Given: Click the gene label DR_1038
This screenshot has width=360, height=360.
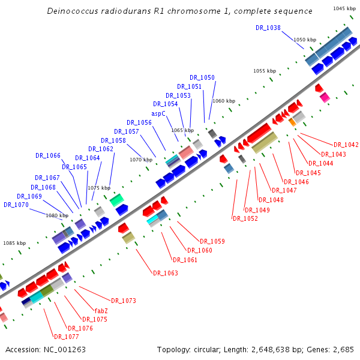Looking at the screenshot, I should (x=268, y=28).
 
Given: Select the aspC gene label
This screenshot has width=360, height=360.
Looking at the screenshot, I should (x=158, y=113).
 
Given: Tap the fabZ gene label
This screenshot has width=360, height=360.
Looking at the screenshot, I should (x=101, y=310).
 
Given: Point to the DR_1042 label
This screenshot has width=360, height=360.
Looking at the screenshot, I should (x=347, y=145).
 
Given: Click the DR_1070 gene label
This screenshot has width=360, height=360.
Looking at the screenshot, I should (x=16, y=205).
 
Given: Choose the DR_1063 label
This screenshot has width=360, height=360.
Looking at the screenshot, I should (x=165, y=273).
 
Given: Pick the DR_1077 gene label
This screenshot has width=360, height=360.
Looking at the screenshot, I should (x=66, y=337).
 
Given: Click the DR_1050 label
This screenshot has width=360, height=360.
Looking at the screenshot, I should (x=202, y=77).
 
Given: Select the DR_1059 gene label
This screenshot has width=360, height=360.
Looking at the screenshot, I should (x=212, y=241).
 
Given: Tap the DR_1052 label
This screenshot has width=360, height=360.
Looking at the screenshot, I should (x=245, y=218).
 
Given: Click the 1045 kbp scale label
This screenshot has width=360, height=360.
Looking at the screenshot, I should (x=344, y=8).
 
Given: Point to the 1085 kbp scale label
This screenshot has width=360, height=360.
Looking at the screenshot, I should (x=14, y=243).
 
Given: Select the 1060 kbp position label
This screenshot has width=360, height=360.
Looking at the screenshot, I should (x=224, y=101).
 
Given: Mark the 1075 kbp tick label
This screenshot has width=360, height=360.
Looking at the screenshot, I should (x=99, y=188).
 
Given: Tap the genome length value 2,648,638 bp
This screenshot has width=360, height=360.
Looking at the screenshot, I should (x=287, y=349).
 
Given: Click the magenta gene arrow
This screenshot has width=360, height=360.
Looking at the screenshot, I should (x=325, y=97).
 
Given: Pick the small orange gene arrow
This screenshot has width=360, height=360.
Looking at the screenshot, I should (x=292, y=122).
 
